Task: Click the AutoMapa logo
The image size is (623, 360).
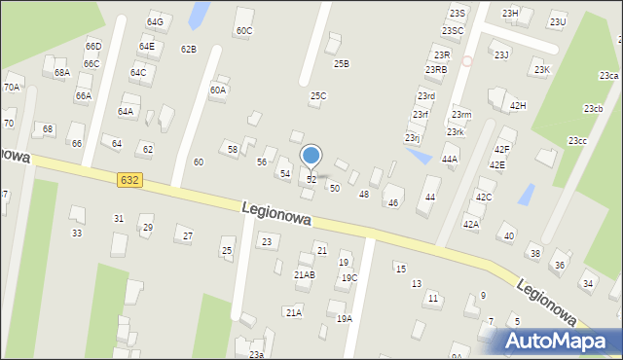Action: pyautogui.click(x=557, y=341)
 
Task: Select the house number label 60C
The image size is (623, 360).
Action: pyautogui.click(x=243, y=31)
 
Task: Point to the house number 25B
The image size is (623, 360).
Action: pyautogui.click(x=341, y=63)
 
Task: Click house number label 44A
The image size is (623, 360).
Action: pyautogui.click(x=449, y=159)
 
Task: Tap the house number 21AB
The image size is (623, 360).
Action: pyautogui.click(x=305, y=275)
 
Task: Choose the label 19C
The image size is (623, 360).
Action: pyautogui.click(x=348, y=278)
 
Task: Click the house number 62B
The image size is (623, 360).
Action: pyautogui.click(x=188, y=49)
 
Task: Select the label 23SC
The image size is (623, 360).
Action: pyautogui.click(x=452, y=31)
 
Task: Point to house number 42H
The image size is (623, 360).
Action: pyautogui.click(x=517, y=105)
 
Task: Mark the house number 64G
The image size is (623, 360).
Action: pyautogui.click(x=155, y=21)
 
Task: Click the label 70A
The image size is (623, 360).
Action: pyautogui.click(x=12, y=87)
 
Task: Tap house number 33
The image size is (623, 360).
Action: pyautogui.click(x=76, y=234)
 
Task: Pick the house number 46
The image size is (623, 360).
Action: pyautogui.click(x=393, y=203)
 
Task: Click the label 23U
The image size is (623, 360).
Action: pyautogui.click(x=557, y=21)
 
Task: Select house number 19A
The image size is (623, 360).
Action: pyautogui.click(x=345, y=319)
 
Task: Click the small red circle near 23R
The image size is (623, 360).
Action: pyautogui.click(x=466, y=60)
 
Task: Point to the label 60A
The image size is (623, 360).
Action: pyautogui.click(x=218, y=90)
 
